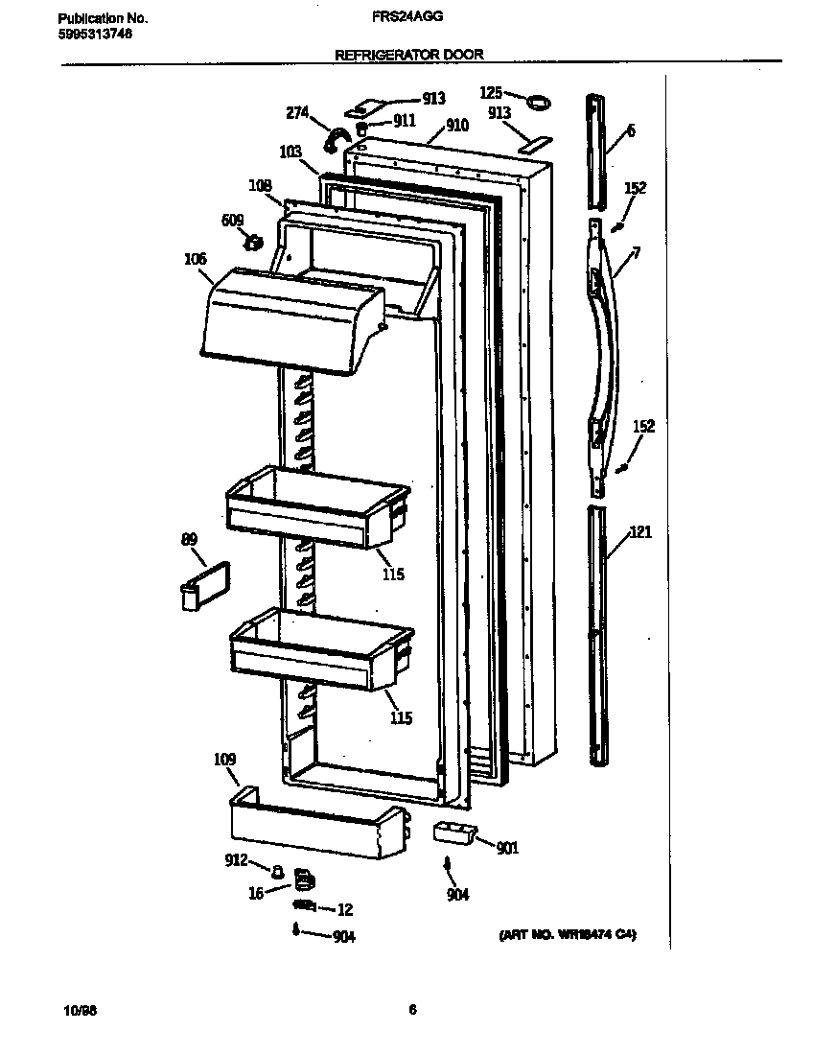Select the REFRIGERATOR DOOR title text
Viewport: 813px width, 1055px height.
point(408,55)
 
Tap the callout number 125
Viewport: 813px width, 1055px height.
point(491,92)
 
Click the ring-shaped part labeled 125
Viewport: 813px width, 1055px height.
point(539,99)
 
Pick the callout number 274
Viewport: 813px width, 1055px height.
point(297,112)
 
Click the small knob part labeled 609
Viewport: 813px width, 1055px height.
point(254,242)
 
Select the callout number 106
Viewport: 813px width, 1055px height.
point(196,258)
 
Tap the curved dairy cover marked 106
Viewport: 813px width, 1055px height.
point(288,321)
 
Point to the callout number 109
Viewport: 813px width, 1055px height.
point(224,760)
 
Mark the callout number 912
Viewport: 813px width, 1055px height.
point(237,859)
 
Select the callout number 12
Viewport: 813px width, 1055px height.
point(345,910)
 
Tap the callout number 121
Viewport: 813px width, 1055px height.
point(640,532)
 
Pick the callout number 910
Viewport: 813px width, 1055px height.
point(456,126)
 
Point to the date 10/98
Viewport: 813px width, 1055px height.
point(76,1010)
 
